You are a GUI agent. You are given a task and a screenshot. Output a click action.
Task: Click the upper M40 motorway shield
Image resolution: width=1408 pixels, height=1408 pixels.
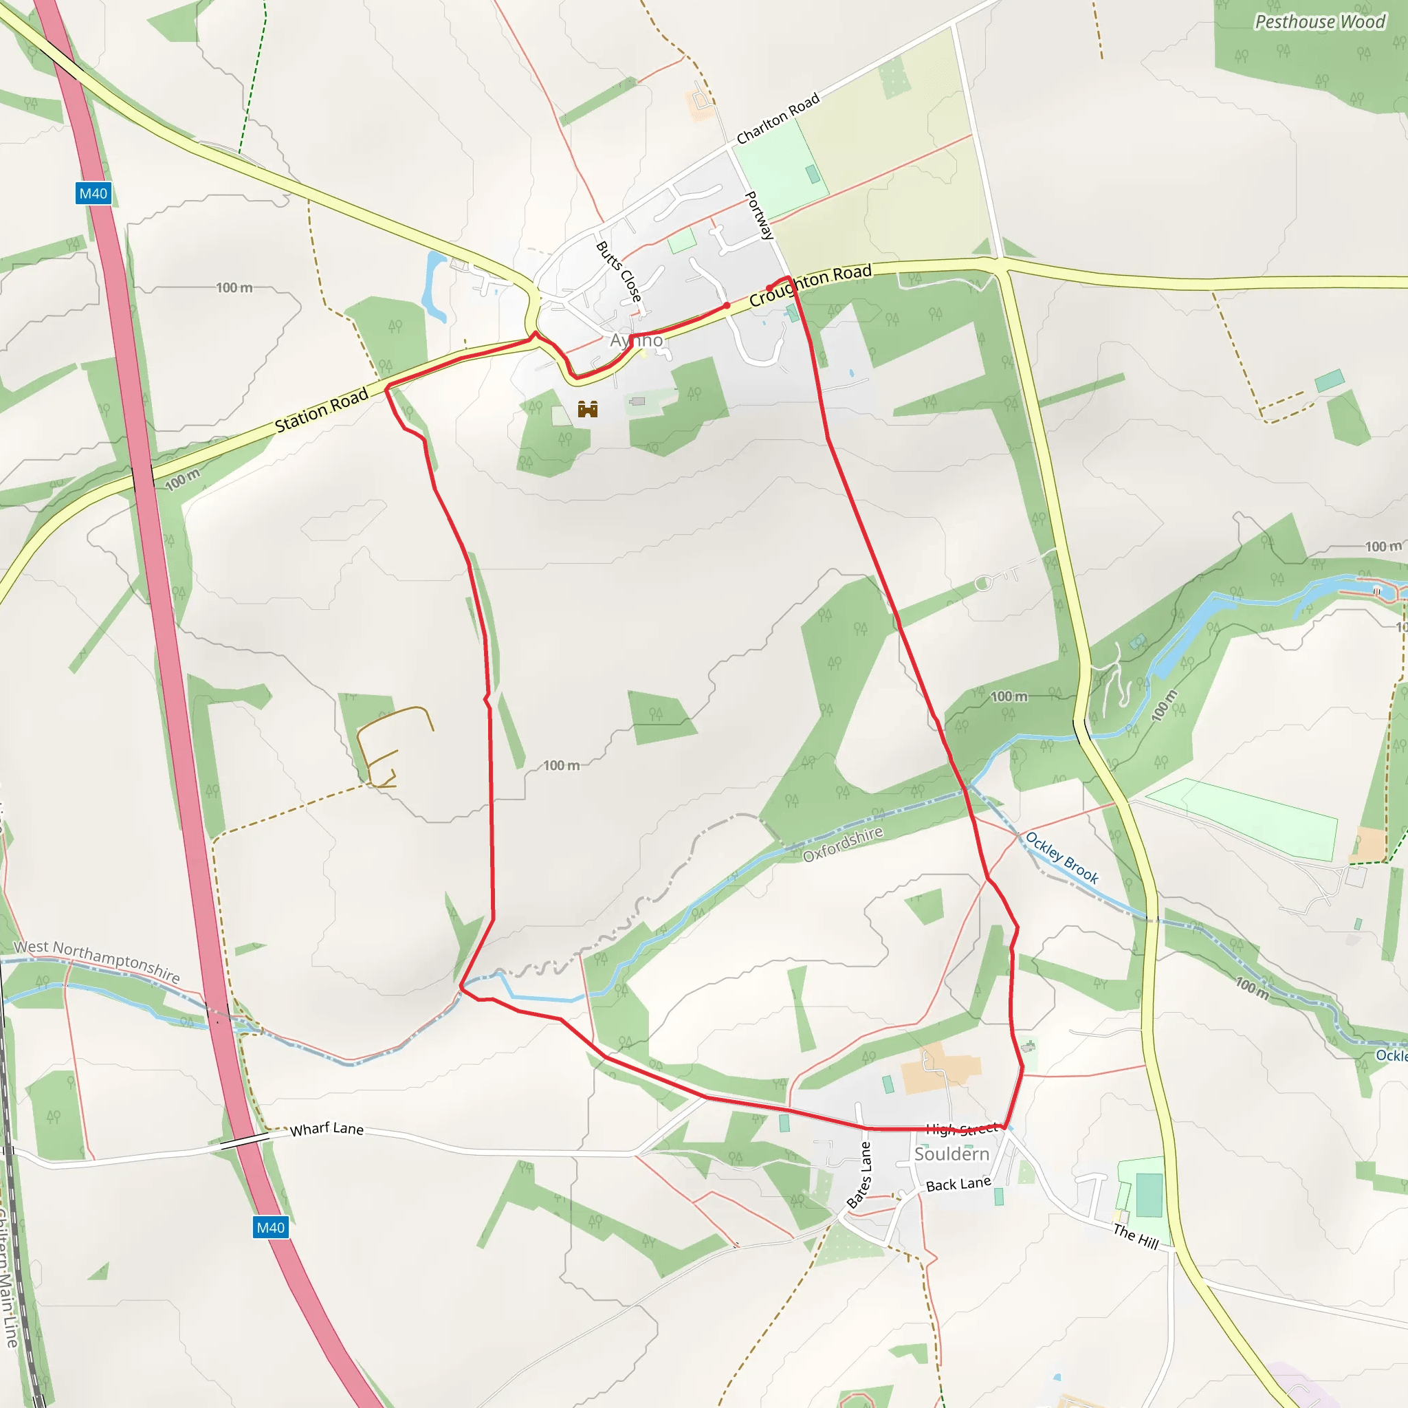[x=93, y=193]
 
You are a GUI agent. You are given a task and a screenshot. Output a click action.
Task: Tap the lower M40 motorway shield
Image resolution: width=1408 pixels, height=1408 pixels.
[x=270, y=1227]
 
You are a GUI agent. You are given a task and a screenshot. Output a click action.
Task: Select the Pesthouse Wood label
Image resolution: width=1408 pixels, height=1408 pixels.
[x=1319, y=22]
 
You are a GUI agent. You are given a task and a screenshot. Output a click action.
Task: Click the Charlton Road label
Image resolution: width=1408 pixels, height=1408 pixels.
[x=778, y=118]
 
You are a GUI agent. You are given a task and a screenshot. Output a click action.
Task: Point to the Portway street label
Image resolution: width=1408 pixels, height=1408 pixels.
[x=759, y=215]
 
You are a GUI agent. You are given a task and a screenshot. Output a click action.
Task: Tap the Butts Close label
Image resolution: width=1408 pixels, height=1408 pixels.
[x=619, y=271]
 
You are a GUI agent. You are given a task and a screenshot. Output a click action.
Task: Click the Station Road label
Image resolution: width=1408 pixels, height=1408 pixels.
[x=321, y=410]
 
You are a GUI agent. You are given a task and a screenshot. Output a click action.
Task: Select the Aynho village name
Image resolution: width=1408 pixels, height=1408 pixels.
[x=636, y=340]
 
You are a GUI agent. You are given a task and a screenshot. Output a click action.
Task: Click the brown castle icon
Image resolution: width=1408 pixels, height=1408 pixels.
[x=587, y=409]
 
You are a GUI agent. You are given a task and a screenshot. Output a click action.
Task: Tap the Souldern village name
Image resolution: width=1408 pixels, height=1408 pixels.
[x=951, y=1154]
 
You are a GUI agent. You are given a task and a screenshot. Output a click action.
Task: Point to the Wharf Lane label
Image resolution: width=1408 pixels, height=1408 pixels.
[x=327, y=1129]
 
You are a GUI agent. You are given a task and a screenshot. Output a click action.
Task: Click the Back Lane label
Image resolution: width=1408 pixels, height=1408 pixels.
[x=958, y=1185]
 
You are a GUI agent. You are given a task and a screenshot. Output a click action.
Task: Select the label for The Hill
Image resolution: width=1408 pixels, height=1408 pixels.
[x=1136, y=1236]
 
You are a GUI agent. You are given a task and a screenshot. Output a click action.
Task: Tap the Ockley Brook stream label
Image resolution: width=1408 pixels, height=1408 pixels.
[x=1061, y=858]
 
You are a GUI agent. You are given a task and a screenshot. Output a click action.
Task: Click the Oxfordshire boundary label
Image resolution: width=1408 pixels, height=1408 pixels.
[x=842, y=844]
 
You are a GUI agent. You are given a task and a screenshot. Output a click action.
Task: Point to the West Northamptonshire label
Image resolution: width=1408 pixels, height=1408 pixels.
[x=97, y=960]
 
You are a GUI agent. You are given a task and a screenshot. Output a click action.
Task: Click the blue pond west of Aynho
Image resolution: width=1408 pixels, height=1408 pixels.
[x=435, y=286]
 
